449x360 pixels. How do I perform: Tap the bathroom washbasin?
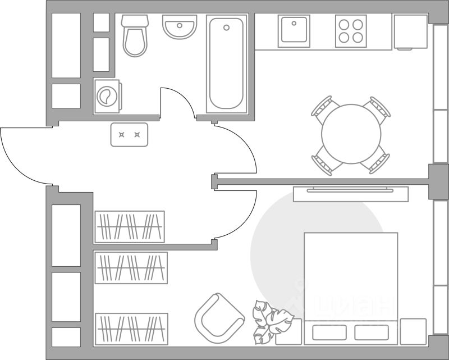click(x=180, y=26)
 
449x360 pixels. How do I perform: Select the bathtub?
click(x=226, y=63)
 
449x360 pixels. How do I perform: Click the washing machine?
click(x=107, y=96)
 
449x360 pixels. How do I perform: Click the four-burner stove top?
click(x=351, y=30)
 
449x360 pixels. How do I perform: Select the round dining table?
click(x=351, y=134)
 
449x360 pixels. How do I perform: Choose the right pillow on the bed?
click(x=372, y=332)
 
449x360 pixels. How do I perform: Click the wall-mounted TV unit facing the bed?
click(x=351, y=193)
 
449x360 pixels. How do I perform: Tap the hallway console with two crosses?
click(x=129, y=135)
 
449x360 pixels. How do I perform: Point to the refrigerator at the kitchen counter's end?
click(x=410, y=31)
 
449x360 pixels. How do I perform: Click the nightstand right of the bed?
click(x=413, y=331)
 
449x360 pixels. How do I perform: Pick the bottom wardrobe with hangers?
click(x=132, y=329)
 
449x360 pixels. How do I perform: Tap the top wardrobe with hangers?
click(x=130, y=226)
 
